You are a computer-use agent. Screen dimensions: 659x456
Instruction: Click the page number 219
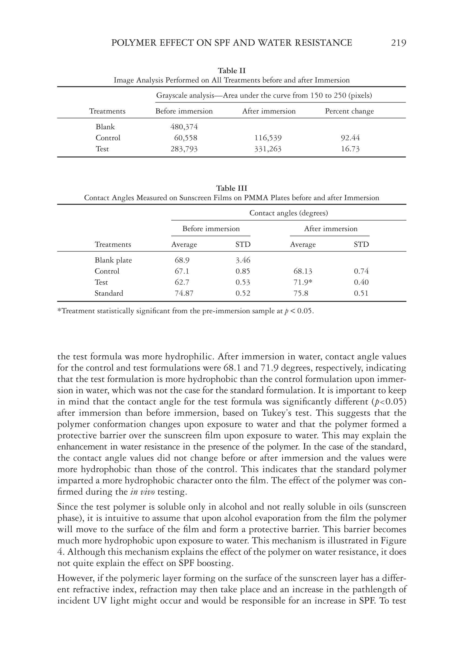tap(398, 43)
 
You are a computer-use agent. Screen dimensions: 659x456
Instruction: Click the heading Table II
tap(231, 71)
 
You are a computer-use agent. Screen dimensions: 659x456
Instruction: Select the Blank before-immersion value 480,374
tap(184, 127)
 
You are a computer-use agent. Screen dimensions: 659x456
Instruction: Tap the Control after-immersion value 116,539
tap(268, 138)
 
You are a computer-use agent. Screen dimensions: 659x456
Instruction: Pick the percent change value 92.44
tap(350, 138)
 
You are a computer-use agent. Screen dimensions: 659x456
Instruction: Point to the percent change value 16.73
tap(350, 149)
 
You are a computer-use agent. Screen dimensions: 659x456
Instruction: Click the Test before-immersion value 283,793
tap(184, 149)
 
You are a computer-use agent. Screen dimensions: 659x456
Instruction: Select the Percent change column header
tap(349, 111)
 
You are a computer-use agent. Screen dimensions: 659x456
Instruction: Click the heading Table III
tap(231, 188)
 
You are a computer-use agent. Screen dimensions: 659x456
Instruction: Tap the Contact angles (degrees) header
tap(289, 213)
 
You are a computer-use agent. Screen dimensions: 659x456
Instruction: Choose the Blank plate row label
tap(113, 260)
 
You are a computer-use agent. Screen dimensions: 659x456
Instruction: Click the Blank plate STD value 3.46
tap(243, 260)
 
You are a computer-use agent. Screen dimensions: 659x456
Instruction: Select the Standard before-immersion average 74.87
tap(184, 293)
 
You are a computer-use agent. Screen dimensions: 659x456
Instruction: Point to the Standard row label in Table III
tap(109, 293)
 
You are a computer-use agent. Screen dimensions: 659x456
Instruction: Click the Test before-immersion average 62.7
tap(182, 282)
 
